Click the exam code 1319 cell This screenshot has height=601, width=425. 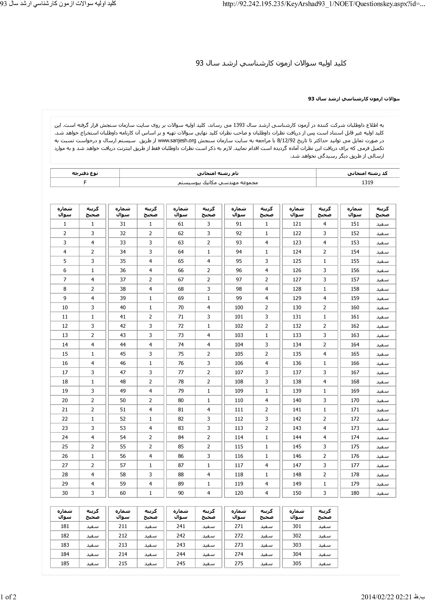367,182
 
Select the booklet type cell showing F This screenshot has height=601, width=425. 85,182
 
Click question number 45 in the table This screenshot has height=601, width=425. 123,354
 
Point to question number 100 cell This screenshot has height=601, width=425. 239,307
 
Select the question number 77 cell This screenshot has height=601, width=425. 181,372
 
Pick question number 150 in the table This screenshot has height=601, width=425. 297,493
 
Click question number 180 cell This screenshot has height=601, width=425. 355,493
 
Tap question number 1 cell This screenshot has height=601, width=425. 65,224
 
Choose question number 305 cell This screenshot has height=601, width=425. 297,563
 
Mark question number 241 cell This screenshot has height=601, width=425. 181,526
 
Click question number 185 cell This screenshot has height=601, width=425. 65,563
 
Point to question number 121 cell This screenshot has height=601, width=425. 297,224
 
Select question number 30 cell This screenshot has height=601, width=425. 65,493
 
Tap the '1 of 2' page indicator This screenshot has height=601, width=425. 9,597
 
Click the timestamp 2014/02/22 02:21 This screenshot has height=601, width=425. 386,597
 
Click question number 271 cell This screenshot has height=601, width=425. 239,526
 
